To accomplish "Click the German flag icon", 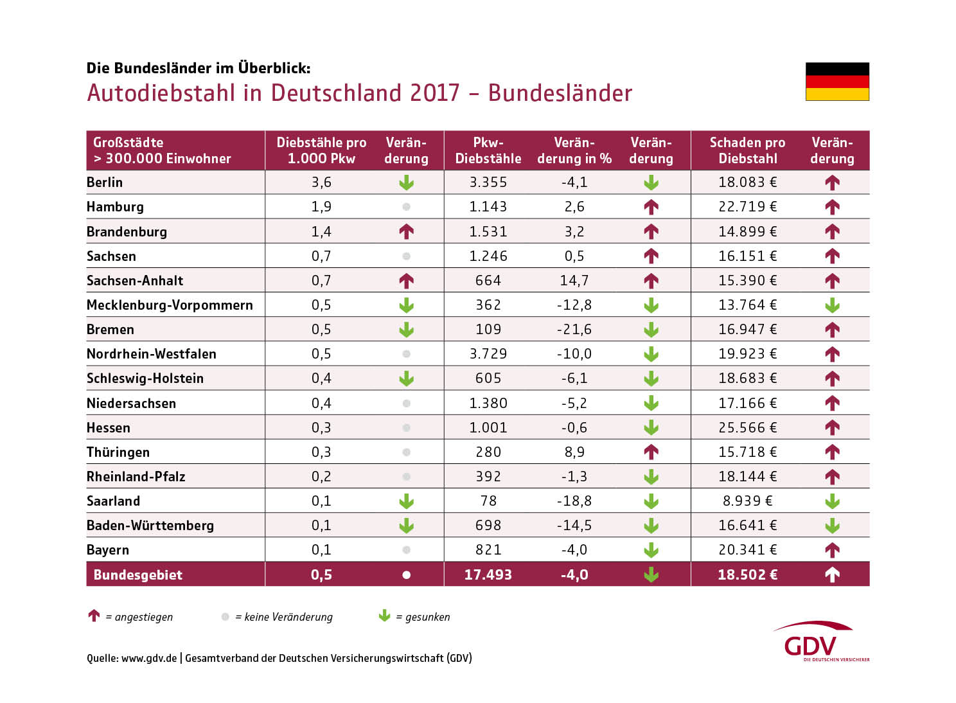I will pos(837,82).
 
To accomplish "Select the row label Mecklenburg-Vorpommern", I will pos(170,305).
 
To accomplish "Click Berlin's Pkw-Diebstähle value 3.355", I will pos(488,182).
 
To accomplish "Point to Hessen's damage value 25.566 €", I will pos(747,428).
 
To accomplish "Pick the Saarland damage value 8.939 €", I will pos(747,501).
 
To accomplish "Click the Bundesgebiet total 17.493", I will pos(488,575).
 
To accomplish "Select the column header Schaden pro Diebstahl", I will pos(747,150).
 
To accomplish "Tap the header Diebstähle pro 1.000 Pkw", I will pos(321,150).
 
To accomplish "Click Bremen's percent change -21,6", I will pos(574,330).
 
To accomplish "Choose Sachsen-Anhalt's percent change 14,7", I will pos(574,281).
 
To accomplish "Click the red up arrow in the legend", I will pos(94,616).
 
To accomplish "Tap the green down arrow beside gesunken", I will pos(384,616).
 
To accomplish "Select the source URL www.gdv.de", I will pos(149,658).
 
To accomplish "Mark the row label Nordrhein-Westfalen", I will pos(152,354).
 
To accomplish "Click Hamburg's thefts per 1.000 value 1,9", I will pos(321,207).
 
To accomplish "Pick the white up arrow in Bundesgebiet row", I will pos(832,575).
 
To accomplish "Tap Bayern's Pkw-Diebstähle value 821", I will pos(488,550).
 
